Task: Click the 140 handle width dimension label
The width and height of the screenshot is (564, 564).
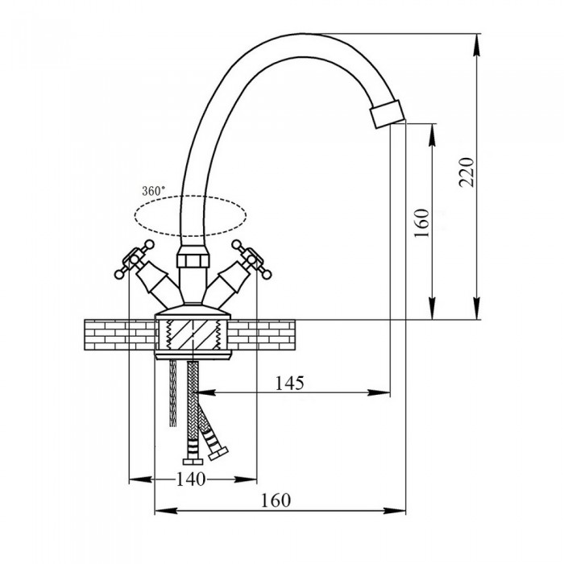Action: tap(192, 479)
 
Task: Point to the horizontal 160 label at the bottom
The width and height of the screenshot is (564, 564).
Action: tap(276, 500)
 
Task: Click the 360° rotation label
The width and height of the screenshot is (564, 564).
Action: tap(153, 190)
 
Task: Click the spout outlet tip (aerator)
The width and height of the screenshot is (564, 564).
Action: tap(388, 112)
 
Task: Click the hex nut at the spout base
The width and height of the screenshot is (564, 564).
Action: tap(192, 262)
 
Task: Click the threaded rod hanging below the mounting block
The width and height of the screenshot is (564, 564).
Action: tap(173, 395)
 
